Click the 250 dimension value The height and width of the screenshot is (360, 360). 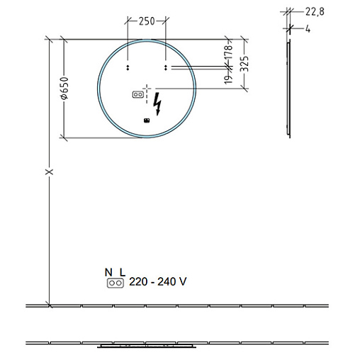point(147,21)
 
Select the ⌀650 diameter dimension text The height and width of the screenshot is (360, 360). point(64,88)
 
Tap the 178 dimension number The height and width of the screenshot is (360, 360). point(229,53)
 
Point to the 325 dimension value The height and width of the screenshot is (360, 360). point(244,64)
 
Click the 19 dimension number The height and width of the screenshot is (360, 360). point(228,79)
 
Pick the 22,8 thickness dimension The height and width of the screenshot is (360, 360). point(315,11)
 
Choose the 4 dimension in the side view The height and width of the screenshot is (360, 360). point(308,29)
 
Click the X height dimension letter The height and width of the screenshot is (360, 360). point(49,171)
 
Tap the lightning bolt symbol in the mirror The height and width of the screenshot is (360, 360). point(157,103)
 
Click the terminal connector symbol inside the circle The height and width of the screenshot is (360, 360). point(137,94)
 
